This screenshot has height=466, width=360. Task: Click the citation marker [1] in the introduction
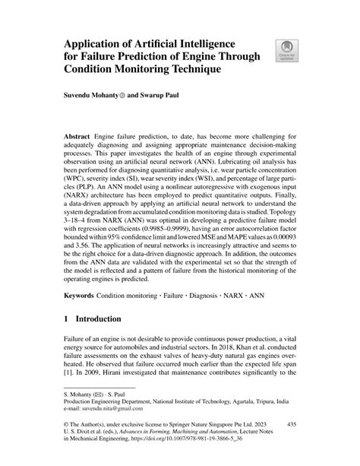pyautogui.click(x=68, y=374)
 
